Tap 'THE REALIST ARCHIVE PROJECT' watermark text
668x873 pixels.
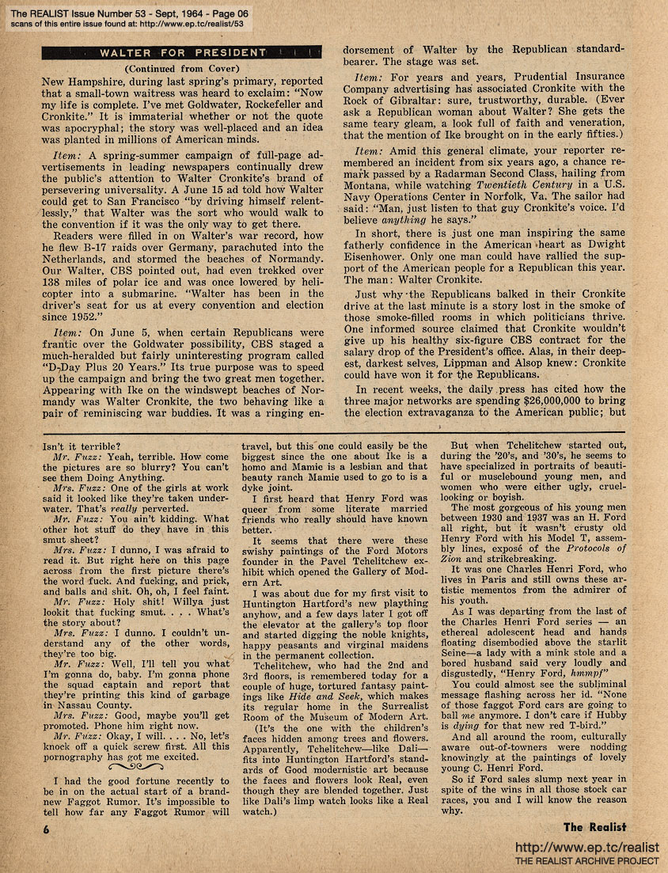pos(586,860)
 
